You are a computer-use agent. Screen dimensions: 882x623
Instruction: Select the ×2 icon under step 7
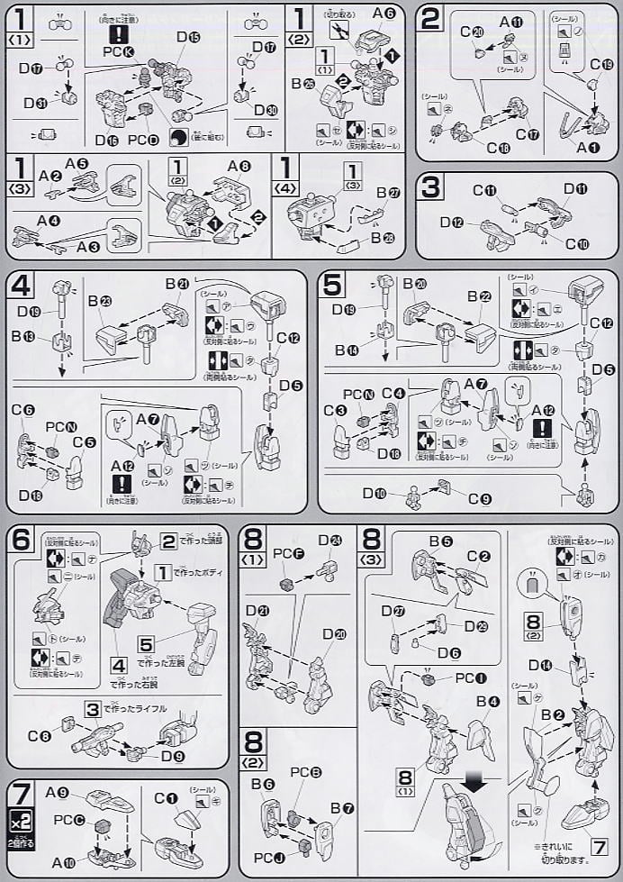(x=21, y=821)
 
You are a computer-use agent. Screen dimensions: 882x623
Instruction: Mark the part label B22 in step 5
(x=479, y=298)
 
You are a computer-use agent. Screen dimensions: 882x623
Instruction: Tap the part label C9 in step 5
(x=480, y=498)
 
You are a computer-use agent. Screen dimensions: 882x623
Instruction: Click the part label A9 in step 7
(x=59, y=794)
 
